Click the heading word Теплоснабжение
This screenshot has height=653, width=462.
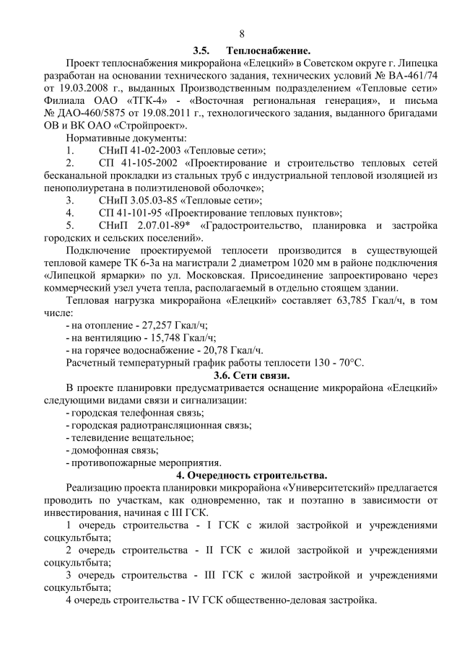click(x=268, y=51)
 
